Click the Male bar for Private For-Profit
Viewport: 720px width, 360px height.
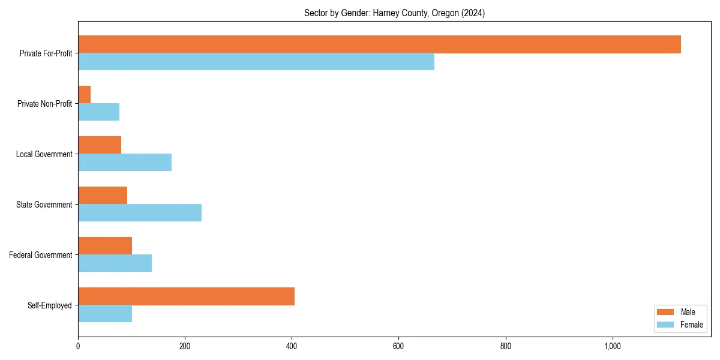(x=379, y=44)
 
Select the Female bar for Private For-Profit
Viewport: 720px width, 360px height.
(x=256, y=62)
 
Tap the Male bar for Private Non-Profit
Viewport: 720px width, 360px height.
(x=85, y=95)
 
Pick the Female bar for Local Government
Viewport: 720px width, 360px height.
(x=125, y=163)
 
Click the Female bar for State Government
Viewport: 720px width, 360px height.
(x=140, y=213)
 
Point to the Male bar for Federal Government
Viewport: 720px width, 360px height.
(x=105, y=246)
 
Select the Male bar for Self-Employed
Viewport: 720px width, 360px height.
(x=186, y=296)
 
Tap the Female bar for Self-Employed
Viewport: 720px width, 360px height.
(x=105, y=314)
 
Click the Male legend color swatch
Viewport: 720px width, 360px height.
(x=666, y=312)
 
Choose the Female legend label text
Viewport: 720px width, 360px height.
(x=691, y=325)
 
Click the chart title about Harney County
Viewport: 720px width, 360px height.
(x=394, y=13)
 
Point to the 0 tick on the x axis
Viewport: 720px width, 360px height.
(x=78, y=346)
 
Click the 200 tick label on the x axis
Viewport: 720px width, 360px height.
(x=185, y=346)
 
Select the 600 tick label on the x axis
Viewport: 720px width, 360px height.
(x=398, y=346)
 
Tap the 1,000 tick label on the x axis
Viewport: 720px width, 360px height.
(x=612, y=346)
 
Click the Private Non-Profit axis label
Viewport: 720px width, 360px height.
(x=44, y=104)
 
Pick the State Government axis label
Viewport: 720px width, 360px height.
(x=44, y=205)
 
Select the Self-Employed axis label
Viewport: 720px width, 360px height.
(x=50, y=305)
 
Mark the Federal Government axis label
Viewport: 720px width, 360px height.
(x=41, y=255)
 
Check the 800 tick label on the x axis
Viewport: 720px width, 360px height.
(x=505, y=346)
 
